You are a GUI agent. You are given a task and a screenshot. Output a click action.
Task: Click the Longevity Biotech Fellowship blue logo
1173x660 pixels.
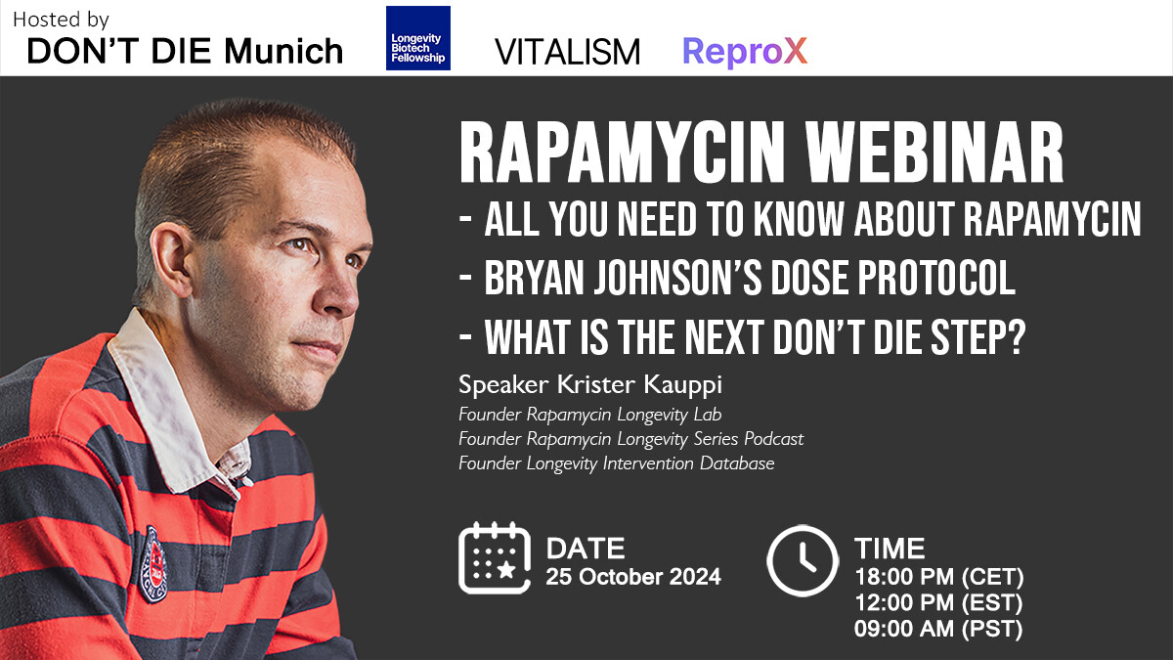coord(418,38)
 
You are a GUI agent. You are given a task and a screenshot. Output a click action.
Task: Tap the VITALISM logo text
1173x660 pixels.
coord(567,52)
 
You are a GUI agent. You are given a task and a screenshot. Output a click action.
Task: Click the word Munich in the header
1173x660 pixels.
coord(283,51)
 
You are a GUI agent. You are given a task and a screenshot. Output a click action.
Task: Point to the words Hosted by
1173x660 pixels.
coord(61,20)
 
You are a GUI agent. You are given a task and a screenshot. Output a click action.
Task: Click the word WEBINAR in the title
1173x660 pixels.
coord(934,152)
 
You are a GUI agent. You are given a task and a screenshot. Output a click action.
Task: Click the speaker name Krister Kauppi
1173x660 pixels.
coord(639,385)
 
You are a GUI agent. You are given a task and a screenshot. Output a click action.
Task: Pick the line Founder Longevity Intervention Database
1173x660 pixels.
coord(617,463)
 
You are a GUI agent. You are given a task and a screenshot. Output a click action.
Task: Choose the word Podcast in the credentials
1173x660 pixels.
coord(773,439)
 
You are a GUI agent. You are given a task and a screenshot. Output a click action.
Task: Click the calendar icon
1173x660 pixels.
coord(495,558)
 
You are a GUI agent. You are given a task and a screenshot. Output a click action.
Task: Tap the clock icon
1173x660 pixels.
coord(803,560)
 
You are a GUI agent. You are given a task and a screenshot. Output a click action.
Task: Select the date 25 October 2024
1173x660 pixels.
coord(633,577)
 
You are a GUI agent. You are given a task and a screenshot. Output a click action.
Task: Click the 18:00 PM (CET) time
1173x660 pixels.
coord(939,577)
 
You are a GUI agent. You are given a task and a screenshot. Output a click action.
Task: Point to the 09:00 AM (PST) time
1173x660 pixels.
coord(937,629)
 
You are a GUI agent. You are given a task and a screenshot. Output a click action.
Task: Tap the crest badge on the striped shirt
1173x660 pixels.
coord(152,563)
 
